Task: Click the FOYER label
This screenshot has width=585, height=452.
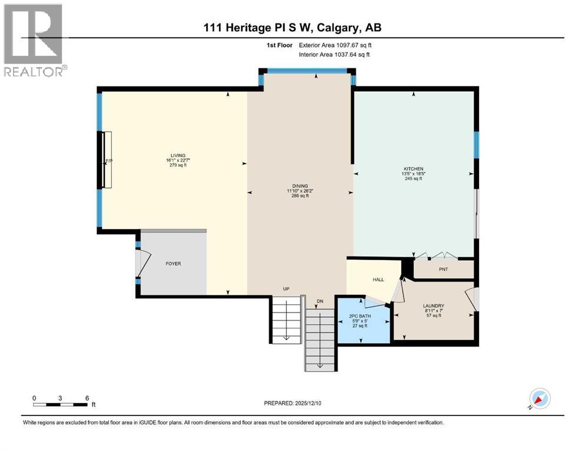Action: [x=173, y=264]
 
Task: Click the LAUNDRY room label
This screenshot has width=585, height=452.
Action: [x=433, y=305]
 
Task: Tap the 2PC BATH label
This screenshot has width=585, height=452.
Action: [x=359, y=315]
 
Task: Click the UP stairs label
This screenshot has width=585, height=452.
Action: [x=286, y=289]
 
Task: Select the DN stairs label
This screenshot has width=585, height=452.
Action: [x=320, y=301]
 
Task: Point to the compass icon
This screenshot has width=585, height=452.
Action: [x=539, y=399]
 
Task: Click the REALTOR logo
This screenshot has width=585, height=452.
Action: [x=34, y=40]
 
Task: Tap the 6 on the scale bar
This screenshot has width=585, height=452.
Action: [x=87, y=398]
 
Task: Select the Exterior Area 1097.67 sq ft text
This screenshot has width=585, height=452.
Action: [x=336, y=44]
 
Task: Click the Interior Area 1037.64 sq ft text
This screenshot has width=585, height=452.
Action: [x=335, y=55]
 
